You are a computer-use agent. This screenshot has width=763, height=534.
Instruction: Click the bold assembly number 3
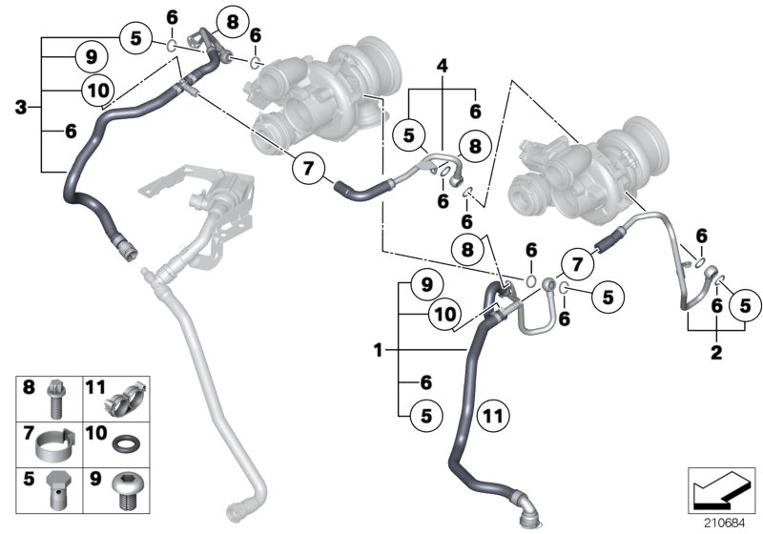(x=21, y=108)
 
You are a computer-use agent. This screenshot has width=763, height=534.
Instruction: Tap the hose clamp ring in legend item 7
(x=58, y=442)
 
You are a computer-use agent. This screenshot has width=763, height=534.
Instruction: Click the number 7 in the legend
(x=28, y=433)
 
